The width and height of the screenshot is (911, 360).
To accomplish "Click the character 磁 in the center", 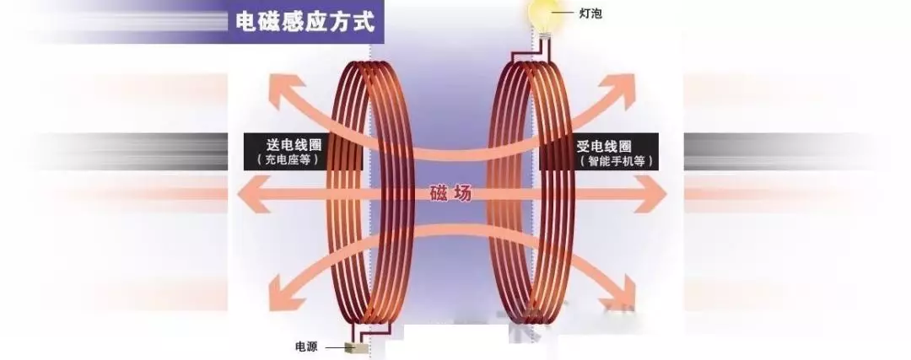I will [x=440, y=194].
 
